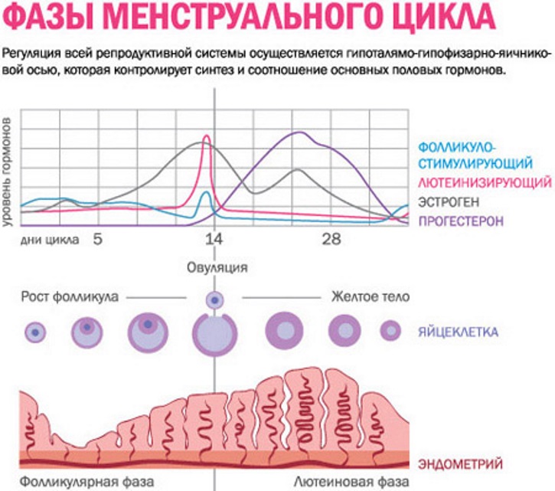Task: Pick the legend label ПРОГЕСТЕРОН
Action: (460, 221)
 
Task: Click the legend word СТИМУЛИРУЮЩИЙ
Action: (475, 162)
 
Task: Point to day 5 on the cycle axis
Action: (98, 240)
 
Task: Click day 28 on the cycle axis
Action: (331, 240)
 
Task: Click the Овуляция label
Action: (217, 267)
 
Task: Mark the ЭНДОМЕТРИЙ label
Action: (460, 464)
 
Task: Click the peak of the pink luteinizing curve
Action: (205, 138)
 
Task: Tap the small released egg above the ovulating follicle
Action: (214, 300)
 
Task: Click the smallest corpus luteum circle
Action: (390, 331)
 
